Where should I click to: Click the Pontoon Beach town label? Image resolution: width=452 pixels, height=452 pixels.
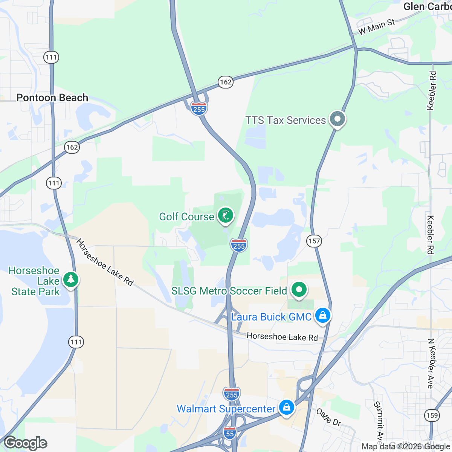52,98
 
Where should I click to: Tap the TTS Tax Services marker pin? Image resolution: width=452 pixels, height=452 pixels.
337,119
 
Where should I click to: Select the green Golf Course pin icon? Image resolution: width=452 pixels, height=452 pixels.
226,216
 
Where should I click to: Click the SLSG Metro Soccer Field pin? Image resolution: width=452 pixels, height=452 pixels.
299,290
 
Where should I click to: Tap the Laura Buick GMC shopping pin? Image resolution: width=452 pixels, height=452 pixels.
323,315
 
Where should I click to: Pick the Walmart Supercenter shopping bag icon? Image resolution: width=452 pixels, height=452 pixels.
287,408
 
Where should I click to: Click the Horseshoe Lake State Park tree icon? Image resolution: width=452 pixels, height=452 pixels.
70,280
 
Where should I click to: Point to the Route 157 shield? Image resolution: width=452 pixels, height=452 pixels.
314,241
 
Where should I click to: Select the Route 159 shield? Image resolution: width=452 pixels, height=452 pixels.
432,415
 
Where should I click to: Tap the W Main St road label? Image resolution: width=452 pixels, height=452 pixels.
376,27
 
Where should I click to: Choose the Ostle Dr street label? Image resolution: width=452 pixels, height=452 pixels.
328,417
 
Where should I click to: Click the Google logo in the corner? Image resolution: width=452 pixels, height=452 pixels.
26,443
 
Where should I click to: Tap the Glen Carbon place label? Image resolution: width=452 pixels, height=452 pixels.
428,6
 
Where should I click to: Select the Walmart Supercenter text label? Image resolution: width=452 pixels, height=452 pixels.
226,409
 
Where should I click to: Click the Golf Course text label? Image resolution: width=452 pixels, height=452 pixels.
186,217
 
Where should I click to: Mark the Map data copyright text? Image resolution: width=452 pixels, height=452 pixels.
406,447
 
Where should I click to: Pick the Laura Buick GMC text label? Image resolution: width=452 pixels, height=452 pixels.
271,317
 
